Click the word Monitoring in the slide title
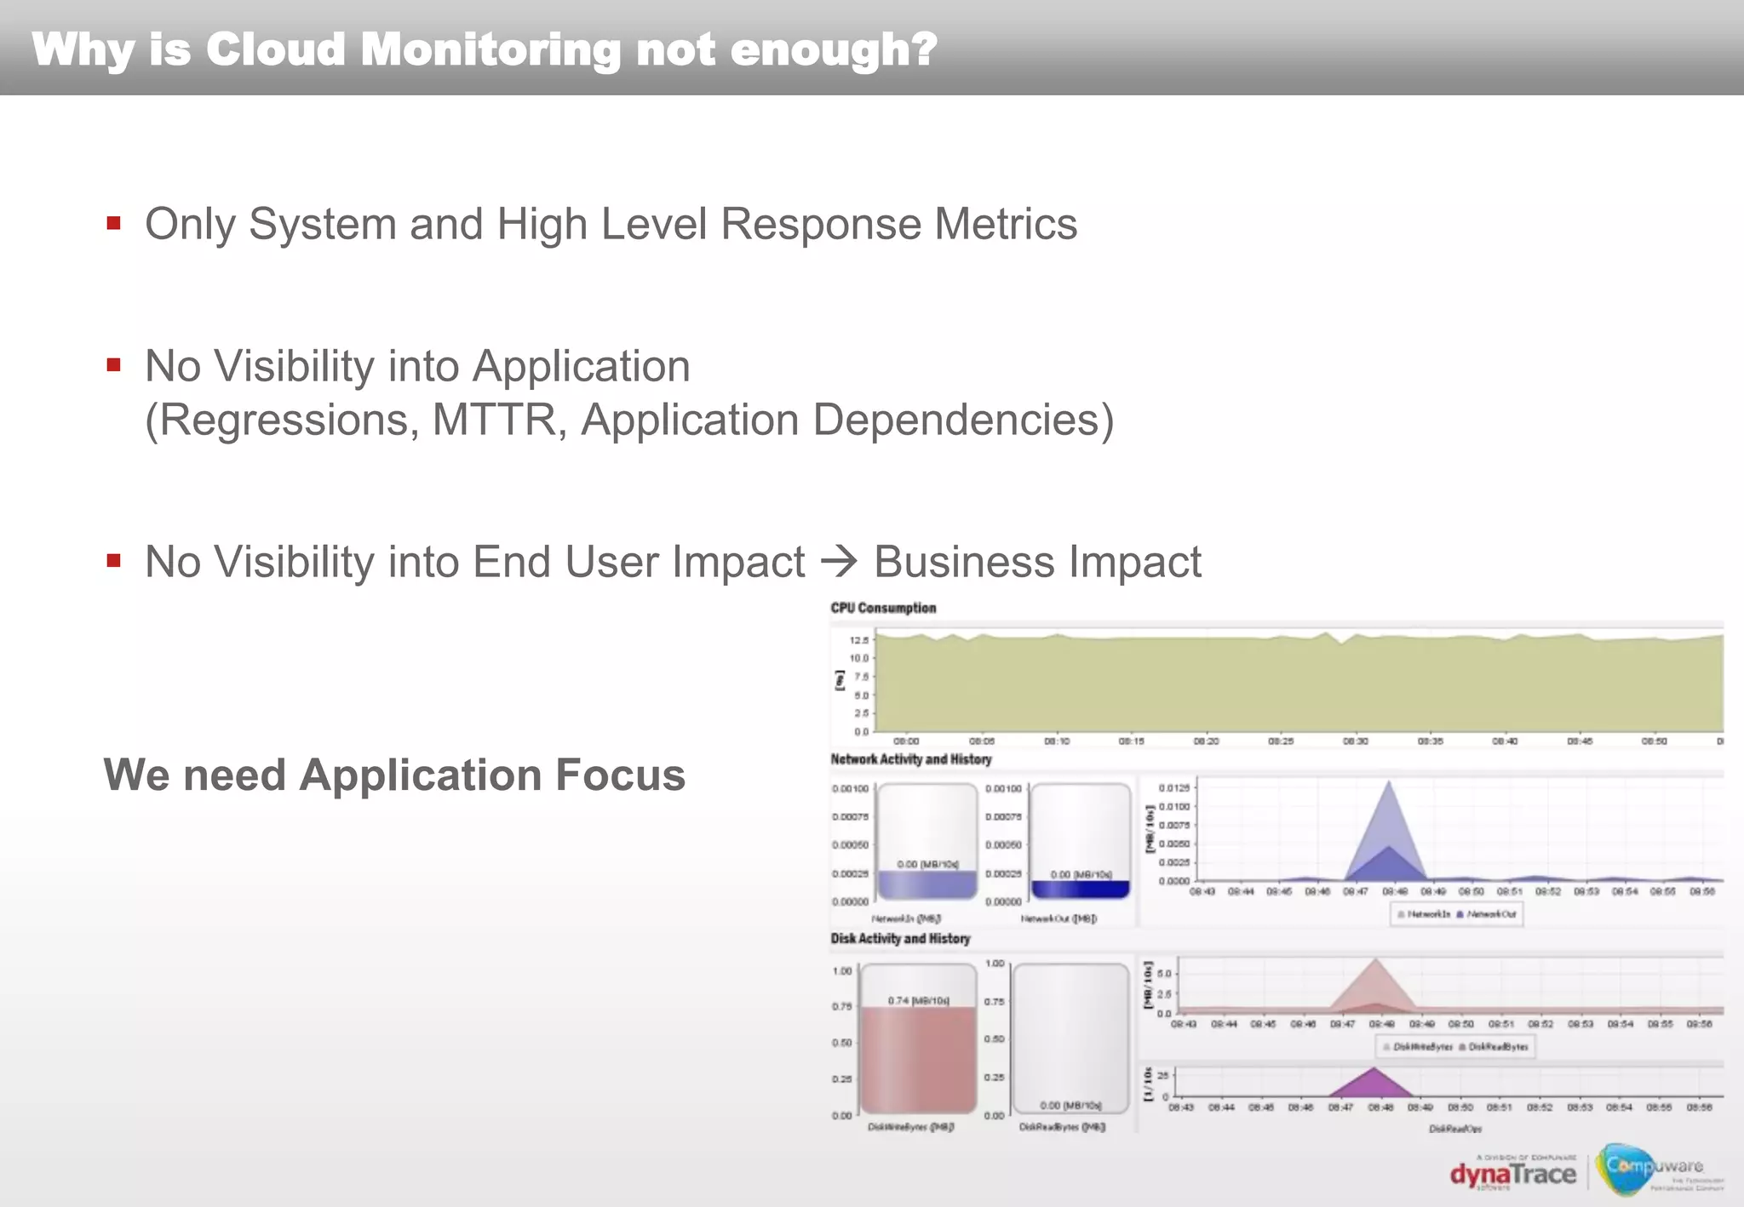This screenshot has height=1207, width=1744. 490,49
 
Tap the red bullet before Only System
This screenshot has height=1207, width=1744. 113,224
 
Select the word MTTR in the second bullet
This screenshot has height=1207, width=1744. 493,420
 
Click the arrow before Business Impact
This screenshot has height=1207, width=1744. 839,563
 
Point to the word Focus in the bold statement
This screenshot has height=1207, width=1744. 620,775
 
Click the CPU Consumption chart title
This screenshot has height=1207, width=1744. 883,608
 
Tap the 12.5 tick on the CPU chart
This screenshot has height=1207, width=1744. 858,639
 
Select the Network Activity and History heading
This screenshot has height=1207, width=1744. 910,759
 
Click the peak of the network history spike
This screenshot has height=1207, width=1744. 1389,783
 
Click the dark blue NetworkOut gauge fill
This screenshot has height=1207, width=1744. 1080,890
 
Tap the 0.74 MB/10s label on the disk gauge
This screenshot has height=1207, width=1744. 918,1000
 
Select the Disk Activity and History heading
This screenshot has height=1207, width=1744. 900,938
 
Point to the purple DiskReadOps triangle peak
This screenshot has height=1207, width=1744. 1374,1070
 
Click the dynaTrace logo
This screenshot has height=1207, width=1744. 1512,1175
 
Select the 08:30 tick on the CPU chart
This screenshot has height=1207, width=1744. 1355,741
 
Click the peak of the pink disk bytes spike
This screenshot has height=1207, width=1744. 1375,961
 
